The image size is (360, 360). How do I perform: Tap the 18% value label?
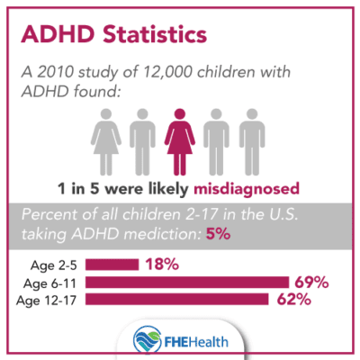tap(160, 265)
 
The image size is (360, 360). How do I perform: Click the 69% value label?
tap(310, 282)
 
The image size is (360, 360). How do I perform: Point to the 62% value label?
tap(293, 299)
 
